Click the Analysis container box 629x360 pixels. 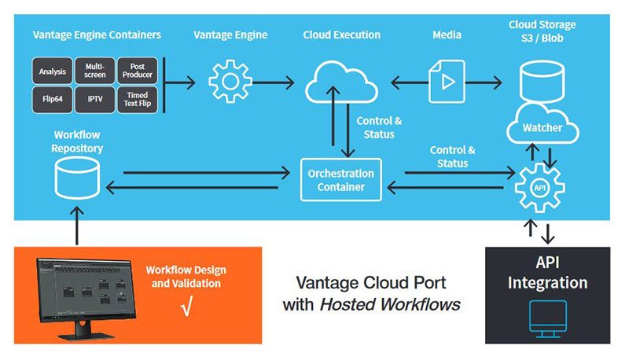tap(53, 72)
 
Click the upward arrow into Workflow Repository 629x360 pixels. tap(77, 223)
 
